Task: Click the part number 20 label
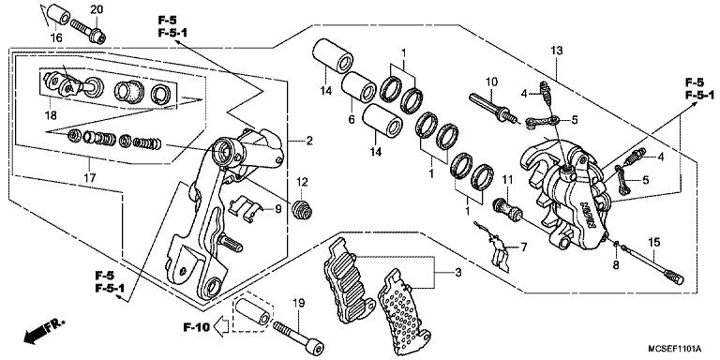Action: pyautogui.click(x=96, y=9)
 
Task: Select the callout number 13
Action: pyautogui.click(x=556, y=49)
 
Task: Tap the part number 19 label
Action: pyautogui.click(x=299, y=302)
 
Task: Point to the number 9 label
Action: pyautogui.click(x=277, y=209)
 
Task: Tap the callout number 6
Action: pyautogui.click(x=352, y=121)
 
